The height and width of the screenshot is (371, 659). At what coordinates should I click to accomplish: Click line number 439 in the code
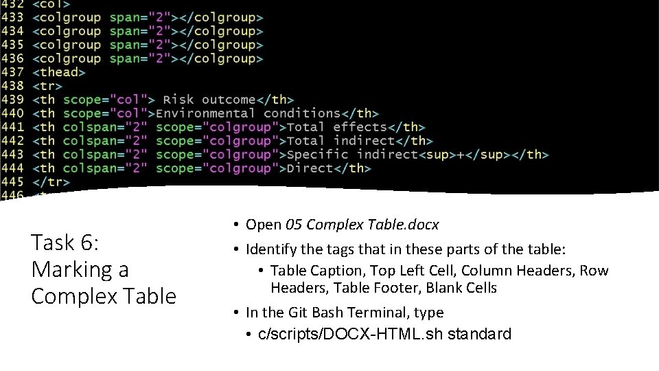pyautogui.click(x=12, y=100)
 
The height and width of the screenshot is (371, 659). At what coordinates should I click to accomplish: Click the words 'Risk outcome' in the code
pyautogui.click(x=209, y=100)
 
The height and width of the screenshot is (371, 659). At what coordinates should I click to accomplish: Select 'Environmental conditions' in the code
pyautogui.click(x=248, y=113)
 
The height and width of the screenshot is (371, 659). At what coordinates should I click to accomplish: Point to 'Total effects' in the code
pyautogui.click(x=336, y=127)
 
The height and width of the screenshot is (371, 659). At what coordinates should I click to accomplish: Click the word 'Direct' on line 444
pyautogui.click(x=310, y=168)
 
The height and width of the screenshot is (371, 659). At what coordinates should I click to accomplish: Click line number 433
pyautogui.click(x=12, y=17)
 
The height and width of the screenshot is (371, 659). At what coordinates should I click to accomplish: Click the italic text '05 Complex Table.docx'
pyautogui.click(x=362, y=225)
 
